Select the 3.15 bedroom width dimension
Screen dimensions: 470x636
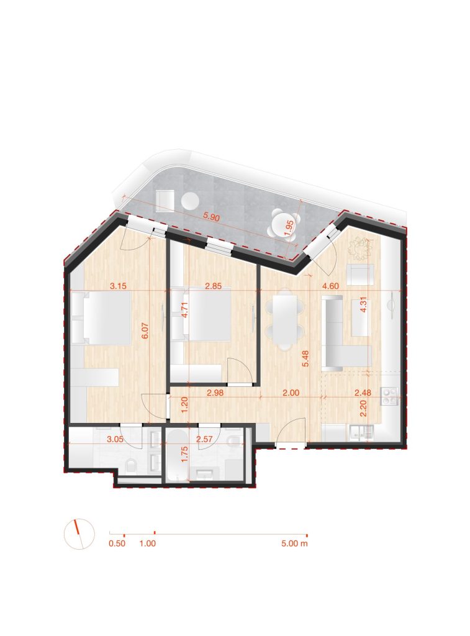click(119, 286)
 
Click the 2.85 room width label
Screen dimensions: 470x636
click(214, 286)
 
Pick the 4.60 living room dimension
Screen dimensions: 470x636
click(330, 286)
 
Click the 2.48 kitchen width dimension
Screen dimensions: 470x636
click(363, 393)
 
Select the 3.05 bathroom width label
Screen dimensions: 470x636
click(115, 439)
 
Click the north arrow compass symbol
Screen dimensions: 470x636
click(79, 534)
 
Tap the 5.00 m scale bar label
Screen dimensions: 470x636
click(294, 543)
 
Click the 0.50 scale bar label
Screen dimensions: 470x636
click(117, 543)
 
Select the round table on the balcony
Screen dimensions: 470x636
click(190, 201)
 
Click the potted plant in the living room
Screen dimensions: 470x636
click(360, 248)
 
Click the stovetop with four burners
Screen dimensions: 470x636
click(390, 396)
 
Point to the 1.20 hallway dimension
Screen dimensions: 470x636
click(185, 405)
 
